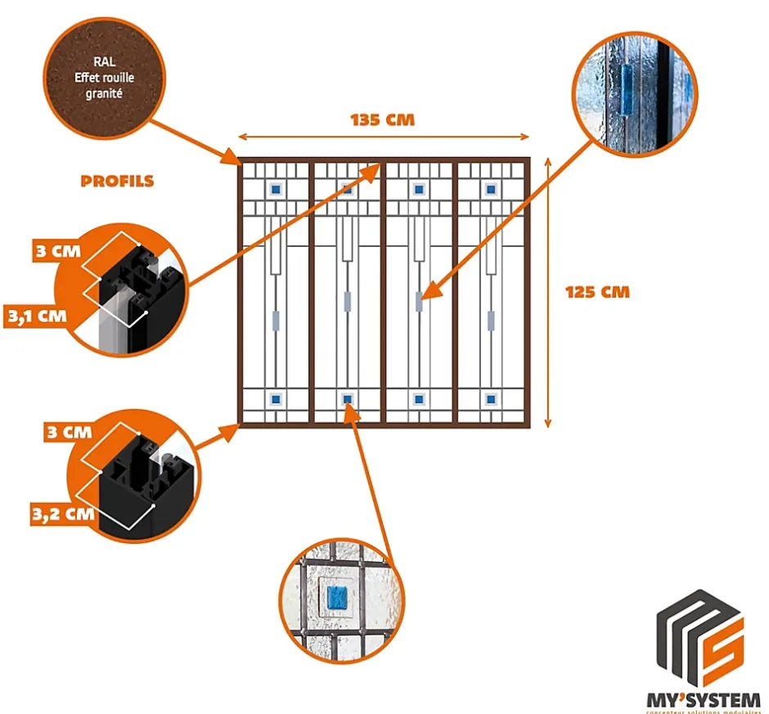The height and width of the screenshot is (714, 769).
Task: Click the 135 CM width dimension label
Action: (x=383, y=120)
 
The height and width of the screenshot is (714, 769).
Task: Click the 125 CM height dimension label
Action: (x=598, y=291)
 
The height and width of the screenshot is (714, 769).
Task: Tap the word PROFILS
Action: (x=117, y=181)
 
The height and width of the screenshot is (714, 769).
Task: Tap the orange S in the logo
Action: (x=723, y=646)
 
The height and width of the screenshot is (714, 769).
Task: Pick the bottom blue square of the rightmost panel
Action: (x=491, y=399)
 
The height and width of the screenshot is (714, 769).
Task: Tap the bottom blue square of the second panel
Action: (x=348, y=399)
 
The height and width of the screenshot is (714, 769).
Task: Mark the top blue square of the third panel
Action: (x=419, y=189)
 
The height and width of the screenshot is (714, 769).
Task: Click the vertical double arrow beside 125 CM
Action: (x=548, y=292)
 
